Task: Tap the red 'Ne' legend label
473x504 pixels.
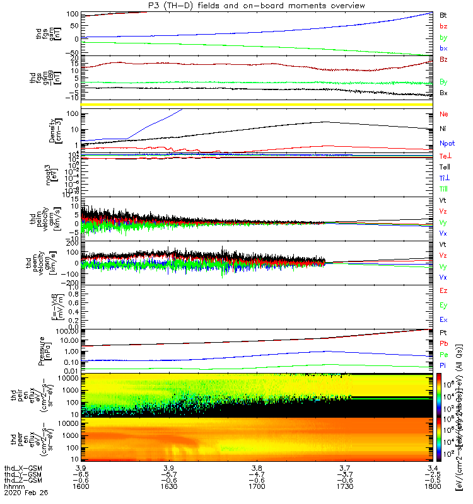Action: coord(444,115)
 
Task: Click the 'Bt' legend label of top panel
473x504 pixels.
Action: coord(443,14)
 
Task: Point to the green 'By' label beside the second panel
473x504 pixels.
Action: coord(444,82)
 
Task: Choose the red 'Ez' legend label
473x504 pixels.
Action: coord(444,291)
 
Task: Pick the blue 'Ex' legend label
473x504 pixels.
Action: coord(444,319)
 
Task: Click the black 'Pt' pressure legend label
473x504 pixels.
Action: coord(443,332)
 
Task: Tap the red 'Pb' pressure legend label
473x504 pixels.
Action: coord(444,343)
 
